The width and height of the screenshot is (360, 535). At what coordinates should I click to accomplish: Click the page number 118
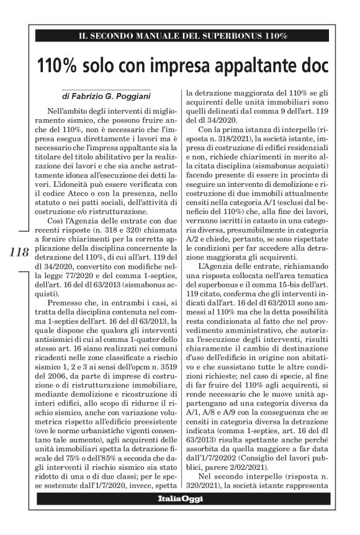pyautogui.click(x=20, y=253)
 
